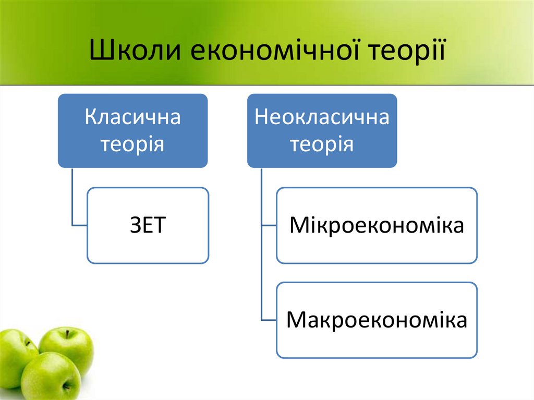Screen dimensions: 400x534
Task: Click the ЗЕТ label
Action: (147, 225)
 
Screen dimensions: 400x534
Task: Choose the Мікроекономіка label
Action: (377, 225)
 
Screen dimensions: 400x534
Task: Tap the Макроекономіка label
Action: (377, 320)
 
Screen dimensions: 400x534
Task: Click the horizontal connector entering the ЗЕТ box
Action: (79, 225)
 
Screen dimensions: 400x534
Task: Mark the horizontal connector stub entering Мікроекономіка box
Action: (268, 225)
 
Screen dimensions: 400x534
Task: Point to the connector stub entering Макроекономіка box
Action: (268, 320)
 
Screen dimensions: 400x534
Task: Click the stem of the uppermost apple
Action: (67, 333)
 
